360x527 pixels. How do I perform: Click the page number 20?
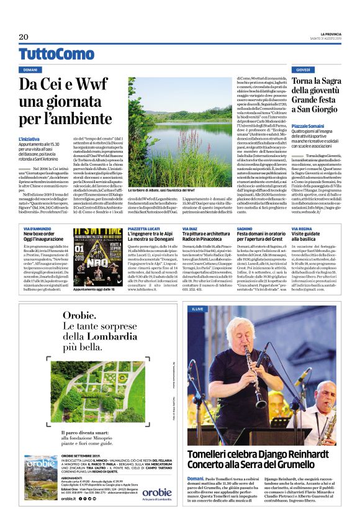[24, 37]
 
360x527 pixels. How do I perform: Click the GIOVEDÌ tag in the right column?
[303, 70]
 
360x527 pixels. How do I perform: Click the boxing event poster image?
[97, 251]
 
